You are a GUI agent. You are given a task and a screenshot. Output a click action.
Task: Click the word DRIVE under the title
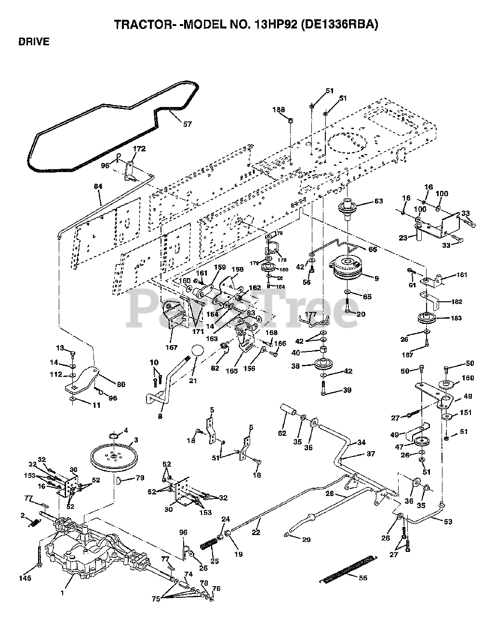(34, 42)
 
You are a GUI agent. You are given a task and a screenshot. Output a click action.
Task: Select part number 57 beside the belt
(187, 124)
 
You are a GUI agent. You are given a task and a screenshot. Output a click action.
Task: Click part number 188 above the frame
(279, 109)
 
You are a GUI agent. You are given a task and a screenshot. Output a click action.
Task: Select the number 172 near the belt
(139, 149)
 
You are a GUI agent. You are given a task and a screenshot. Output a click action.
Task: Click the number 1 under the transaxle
(62, 593)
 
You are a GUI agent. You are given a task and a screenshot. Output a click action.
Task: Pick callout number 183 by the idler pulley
(456, 318)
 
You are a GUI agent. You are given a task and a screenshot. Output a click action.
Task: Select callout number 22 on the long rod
(256, 533)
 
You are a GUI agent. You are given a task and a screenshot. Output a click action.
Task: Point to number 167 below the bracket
(171, 347)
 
